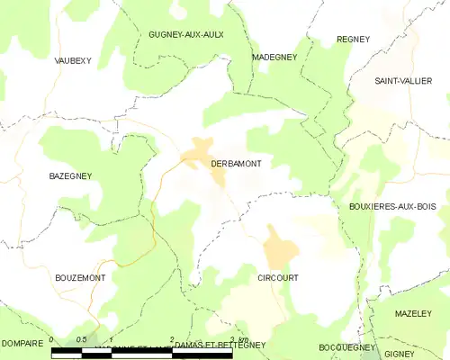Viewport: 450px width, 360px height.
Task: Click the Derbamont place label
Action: [x=236, y=163]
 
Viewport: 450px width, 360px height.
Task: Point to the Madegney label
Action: [x=274, y=57]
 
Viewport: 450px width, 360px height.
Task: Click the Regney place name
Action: [x=354, y=39]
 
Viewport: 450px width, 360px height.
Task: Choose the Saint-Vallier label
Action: [x=403, y=81]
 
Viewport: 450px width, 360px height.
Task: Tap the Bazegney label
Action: [x=67, y=177]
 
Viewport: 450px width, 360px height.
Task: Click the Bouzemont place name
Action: [x=80, y=278]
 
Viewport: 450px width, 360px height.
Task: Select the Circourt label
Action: [x=277, y=278]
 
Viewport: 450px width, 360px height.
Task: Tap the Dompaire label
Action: [x=22, y=344]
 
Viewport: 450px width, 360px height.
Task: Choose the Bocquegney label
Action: [x=346, y=346]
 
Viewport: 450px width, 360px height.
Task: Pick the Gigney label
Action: [x=399, y=354]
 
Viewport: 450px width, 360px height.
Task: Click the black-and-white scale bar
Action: [x=141, y=353]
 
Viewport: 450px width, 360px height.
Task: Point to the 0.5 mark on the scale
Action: [x=81, y=340]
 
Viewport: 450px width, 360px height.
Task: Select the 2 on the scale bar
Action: [x=171, y=340]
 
